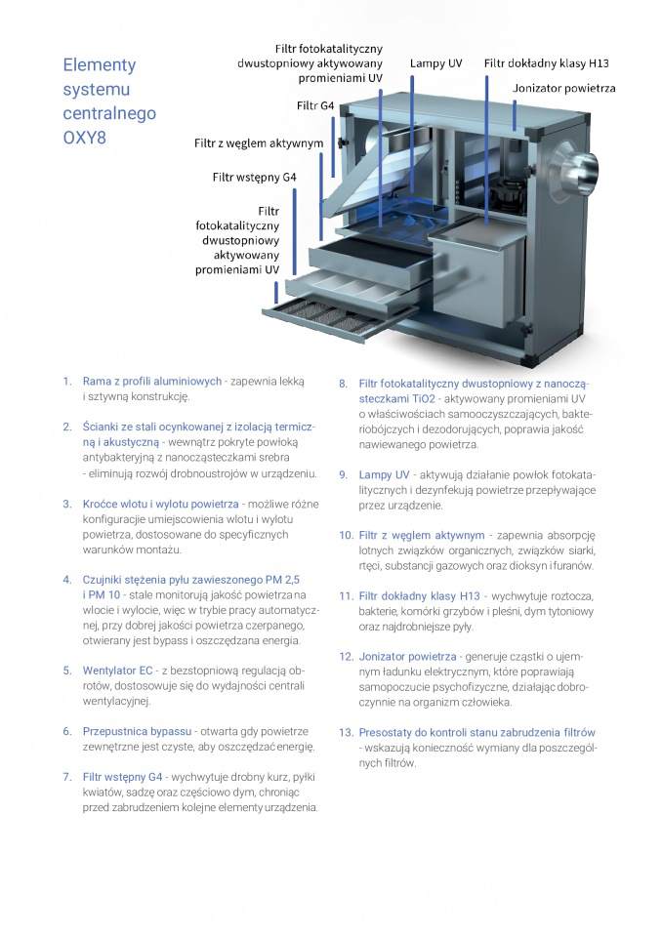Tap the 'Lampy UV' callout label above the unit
[x=435, y=63]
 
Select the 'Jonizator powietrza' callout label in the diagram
[x=563, y=89]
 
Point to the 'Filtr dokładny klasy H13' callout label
[x=546, y=63]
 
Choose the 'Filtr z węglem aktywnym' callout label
[x=258, y=143]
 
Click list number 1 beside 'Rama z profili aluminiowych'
[x=66, y=381]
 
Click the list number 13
[x=346, y=732]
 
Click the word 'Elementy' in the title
[x=99, y=65]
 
